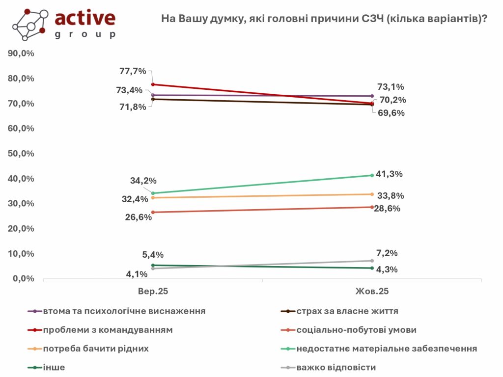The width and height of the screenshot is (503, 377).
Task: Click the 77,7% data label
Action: click(133, 71)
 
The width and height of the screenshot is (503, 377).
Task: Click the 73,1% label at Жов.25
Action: click(391, 87)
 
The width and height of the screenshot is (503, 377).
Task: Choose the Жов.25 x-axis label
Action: click(372, 291)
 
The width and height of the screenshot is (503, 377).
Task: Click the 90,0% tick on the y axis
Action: click(21, 54)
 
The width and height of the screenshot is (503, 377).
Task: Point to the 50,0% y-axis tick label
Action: click(21, 154)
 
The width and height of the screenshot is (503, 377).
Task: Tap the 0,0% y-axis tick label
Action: click(23, 279)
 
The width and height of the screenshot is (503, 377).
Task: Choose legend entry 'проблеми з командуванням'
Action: click(108, 330)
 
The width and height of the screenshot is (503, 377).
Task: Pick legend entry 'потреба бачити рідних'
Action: click(96, 349)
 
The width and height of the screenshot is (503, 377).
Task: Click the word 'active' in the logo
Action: click(85, 18)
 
